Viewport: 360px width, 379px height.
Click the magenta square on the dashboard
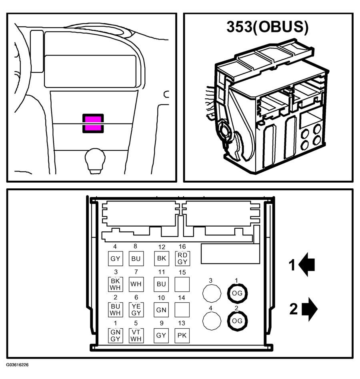click(x=93, y=123)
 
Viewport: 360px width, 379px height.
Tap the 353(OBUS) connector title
click(x=268, y=27)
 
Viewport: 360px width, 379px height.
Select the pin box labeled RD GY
click(x=182, y=258)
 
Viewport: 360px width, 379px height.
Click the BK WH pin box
click(x=115, y=284)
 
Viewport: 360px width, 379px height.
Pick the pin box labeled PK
click(x=182, y=335)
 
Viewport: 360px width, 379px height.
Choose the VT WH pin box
click(x=136, y=335)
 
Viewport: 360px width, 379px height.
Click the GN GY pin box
click(x=115, y=335)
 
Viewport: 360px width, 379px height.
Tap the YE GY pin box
click(x=136, y=309)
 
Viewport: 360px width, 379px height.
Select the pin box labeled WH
click(x=136, y=284)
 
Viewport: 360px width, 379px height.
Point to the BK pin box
click(x=162, y=258)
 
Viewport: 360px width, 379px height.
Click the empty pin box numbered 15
click(x=182, y=284)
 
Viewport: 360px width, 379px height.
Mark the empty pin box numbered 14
click(x=182, y=309)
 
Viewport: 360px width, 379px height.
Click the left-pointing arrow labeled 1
click(x=306, y=264)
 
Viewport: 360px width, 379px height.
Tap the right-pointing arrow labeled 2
click(x=310, y=309)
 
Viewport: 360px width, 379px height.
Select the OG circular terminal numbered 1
click(x=237, y=293)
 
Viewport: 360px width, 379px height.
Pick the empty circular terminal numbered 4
click(x=212, y=321)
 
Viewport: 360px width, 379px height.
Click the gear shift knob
click(x=95, y=160)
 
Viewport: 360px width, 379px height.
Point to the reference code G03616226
click(x=18, y=365)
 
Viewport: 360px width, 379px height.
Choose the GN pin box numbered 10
click(x=162, y=309)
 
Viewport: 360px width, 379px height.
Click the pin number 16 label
click(x=182, y=247)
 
